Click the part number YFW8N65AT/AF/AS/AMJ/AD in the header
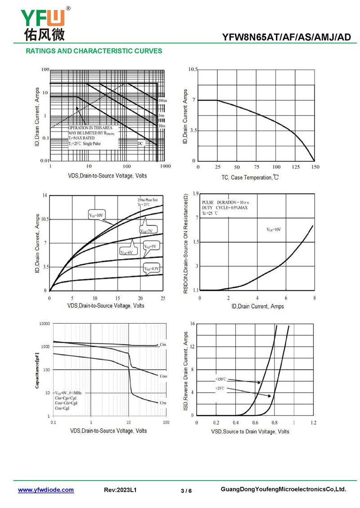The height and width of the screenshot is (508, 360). (286, 38)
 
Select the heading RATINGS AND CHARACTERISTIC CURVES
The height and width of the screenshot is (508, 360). (94, 51)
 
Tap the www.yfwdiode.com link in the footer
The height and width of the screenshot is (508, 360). (46, 490)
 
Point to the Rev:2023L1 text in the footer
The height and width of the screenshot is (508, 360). (120, 490)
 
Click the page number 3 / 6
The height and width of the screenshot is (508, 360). (186, 490)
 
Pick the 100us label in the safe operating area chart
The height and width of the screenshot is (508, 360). (162, 101)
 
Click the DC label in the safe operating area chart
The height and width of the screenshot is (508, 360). (140, 143)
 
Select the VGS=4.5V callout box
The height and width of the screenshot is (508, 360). (152, 269)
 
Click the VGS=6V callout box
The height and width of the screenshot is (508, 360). (126, 253)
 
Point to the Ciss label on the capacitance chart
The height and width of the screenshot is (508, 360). (163, 344)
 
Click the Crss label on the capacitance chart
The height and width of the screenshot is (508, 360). (163, 403)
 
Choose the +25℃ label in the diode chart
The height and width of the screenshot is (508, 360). (219, 388)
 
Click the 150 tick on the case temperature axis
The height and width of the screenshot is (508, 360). (315, 167)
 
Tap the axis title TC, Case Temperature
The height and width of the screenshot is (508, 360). (250, 178)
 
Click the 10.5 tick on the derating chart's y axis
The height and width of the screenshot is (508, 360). (193, 70)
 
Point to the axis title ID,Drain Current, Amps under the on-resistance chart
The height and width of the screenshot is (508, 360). (257, 306)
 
